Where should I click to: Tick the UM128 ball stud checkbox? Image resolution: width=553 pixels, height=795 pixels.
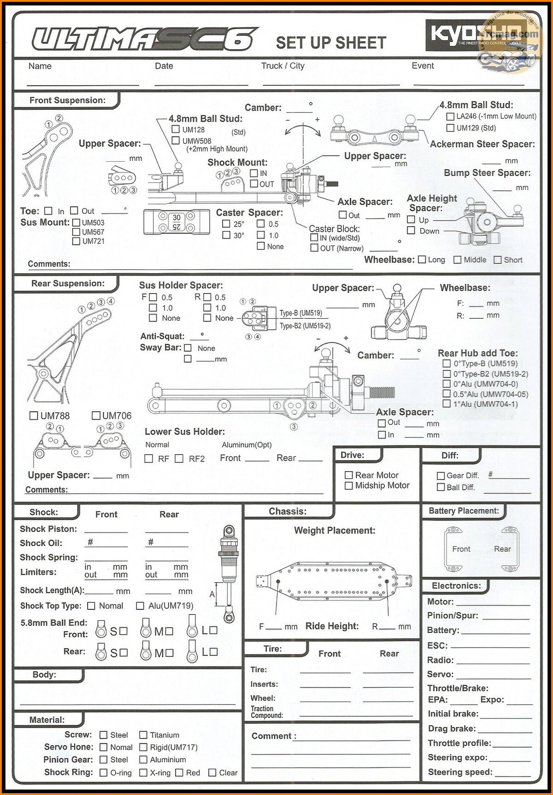(176, 129)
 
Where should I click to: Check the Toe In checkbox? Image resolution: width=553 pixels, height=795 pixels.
(48, 210)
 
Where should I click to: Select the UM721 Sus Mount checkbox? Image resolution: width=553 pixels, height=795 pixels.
(76, 241)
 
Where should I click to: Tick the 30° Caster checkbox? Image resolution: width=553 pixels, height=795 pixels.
(226, 235)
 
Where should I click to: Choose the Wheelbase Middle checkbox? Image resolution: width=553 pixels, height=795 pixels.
(458, 260)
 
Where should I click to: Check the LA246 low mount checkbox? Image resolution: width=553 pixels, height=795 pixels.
(451, 117)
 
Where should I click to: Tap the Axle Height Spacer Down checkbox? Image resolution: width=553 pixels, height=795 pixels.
(411, 230)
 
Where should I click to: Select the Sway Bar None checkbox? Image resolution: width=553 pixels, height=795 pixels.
(188, 348)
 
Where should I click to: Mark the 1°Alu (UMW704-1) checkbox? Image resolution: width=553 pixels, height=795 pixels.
(447, 404)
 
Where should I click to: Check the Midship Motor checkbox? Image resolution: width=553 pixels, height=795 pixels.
(349, 485)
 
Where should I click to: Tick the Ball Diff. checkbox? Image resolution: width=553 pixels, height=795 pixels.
(441, 487)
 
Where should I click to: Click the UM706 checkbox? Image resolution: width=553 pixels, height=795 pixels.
(96, 415)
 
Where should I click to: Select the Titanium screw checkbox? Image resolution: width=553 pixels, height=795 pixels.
(143, 735)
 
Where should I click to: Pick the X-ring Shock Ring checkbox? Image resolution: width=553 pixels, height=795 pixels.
(143, 772)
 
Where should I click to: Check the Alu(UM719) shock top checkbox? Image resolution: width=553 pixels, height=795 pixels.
(140, 606)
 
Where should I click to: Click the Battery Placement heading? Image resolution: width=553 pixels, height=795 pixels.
(464, 511)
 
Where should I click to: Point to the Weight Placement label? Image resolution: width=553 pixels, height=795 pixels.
(335, 531)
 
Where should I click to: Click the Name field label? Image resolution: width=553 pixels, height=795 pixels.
(40, 66)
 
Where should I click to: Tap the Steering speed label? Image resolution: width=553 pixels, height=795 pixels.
(460, 772)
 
